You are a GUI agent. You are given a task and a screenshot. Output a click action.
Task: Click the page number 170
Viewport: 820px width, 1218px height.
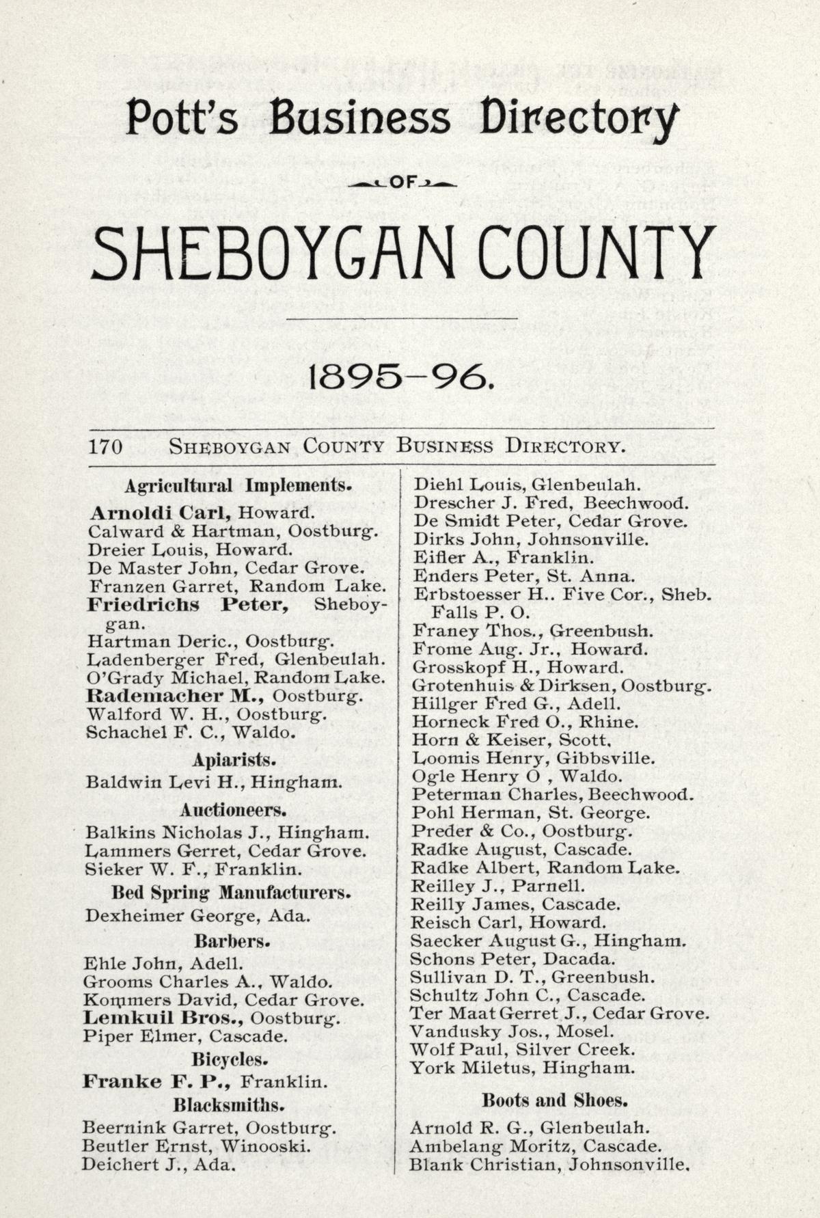click(x=105, y=447)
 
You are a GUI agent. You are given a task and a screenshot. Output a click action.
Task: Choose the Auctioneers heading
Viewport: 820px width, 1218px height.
click(x=233, y=810)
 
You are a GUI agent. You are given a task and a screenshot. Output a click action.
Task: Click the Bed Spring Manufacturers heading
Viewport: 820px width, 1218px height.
click(x=231, y=893)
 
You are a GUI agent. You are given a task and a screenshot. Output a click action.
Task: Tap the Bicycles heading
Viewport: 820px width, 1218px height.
click(x=229, y=1059)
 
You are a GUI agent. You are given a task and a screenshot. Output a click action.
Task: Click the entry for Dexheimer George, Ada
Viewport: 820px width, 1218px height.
click(x=197, y=915)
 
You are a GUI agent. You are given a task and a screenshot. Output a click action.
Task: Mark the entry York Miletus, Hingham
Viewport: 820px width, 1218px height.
click(x=523, y=1067)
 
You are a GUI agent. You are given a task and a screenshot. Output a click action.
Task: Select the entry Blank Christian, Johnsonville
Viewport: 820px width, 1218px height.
click(x=548, y=1164)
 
